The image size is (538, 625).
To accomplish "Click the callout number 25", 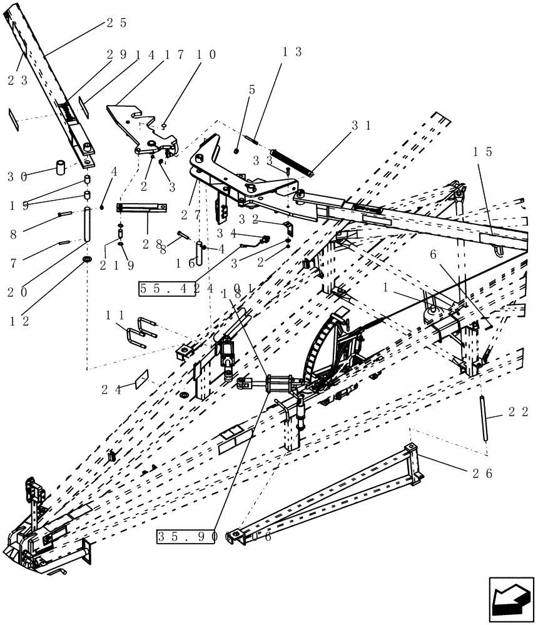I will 116,23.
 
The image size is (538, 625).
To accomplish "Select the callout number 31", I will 362,125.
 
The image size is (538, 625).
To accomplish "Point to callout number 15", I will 482,151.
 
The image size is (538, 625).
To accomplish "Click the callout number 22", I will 519,412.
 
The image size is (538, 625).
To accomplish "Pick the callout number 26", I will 484,474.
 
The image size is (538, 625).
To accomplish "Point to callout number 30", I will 17,177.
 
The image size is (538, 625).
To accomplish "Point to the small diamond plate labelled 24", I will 141,379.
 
